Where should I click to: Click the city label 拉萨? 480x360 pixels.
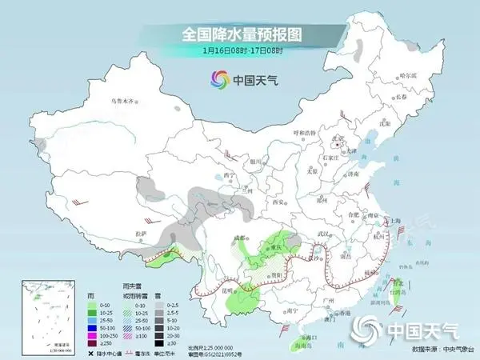(x=141, y=233)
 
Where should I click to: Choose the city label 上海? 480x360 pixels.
(x=395, y=220)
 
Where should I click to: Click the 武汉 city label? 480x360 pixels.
(x=324, y=233)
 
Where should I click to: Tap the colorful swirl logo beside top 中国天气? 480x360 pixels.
(x=219, y=79)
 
